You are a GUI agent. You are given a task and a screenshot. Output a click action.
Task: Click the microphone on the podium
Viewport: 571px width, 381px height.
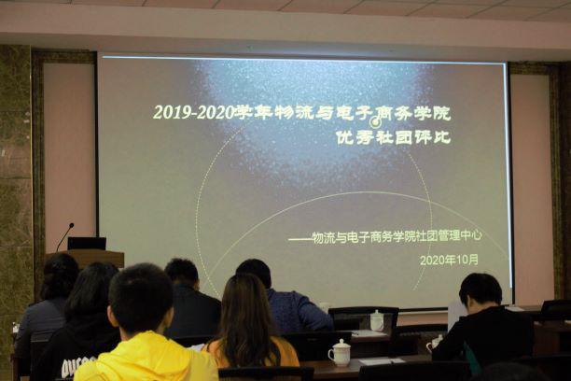pyautogui.click(x=65, y=236)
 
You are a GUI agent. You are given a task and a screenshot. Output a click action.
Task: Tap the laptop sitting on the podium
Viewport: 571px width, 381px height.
pyautogui.click(x=87, y=243)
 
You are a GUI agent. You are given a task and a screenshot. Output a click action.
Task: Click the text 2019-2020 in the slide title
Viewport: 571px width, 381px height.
pyautogui.click(x=193, y=113)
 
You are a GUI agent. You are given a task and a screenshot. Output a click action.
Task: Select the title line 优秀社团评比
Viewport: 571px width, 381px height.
pyautogui.click(x=393, y=138)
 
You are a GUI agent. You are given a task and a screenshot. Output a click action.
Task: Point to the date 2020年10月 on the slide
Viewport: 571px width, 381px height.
pyautogui.click(x=449, y=260)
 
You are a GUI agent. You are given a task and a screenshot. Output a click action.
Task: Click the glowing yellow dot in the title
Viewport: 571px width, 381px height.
pyautogui.click(x=375, y=121)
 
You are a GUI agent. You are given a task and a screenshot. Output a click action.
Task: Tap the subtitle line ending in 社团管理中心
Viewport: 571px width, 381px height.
pyautogui.click(x=385, y=236)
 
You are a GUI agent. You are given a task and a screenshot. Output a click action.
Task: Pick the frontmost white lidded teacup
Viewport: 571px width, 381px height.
pyautogui.click(x=340, y=353)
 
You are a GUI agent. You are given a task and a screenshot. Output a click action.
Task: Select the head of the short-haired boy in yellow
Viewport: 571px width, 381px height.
pyautogui.click(x=141, y=299)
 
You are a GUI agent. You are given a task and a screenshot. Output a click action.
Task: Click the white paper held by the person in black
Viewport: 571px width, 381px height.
pyautogui.click(x=457, y=315)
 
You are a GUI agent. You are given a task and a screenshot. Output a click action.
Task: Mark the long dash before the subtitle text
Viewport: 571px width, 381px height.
pyautogui.click(x=300, y=239)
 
